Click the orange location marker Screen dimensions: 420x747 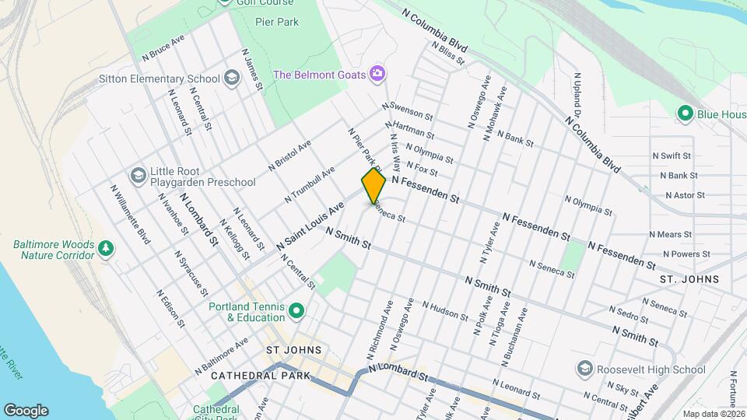[373, 185]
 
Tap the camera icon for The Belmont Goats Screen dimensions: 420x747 [377, 74]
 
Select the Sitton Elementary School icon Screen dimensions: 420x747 [231, 78]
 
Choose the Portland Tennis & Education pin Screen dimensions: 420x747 [296, 312]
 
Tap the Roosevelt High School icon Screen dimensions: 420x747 [585, 367]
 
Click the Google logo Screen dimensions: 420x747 [26, 410]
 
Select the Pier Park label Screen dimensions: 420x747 [277, 22]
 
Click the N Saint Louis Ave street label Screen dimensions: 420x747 [310, 226]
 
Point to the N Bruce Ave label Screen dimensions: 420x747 [163, 47]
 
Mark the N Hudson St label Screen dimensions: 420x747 [445, 311]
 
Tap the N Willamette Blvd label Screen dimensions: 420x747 [129, 214]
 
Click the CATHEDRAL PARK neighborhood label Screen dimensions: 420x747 [260, 376]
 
